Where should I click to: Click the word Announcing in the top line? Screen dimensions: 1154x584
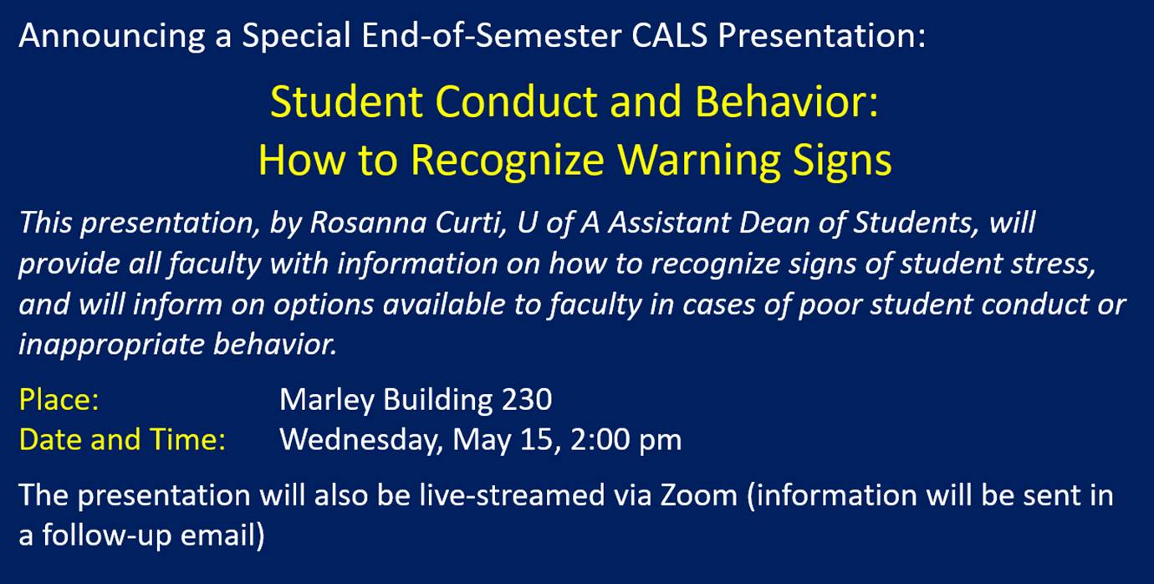coord(112,37)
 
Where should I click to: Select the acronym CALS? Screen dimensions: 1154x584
coord(670,35)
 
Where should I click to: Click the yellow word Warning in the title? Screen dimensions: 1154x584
coord(698,161)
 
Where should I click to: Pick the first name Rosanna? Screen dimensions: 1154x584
coord(368,223)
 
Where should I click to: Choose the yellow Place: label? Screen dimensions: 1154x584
coord(59,399)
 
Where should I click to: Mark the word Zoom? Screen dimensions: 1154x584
coord(699,495)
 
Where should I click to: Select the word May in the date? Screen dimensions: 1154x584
coord(482,441)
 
